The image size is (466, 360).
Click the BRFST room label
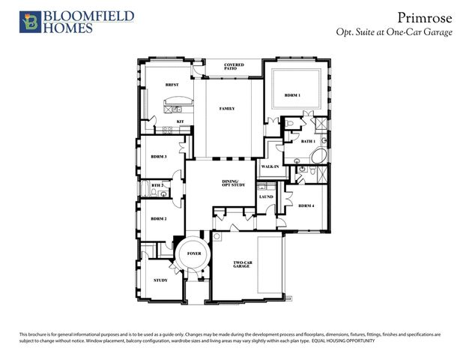171,86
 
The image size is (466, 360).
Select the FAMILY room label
227,109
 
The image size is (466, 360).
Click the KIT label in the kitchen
180,121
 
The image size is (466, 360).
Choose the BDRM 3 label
158,157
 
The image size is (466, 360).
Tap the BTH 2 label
157,185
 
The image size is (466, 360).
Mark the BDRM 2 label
158,219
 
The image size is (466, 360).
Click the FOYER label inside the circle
194,254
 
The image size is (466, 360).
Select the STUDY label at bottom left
160,280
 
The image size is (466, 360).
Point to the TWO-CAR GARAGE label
240,264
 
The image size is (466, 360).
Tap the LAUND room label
266,197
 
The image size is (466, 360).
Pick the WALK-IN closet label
270,166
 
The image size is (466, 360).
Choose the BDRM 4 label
306,205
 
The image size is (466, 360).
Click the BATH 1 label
308,141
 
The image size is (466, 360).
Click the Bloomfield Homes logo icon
30,22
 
